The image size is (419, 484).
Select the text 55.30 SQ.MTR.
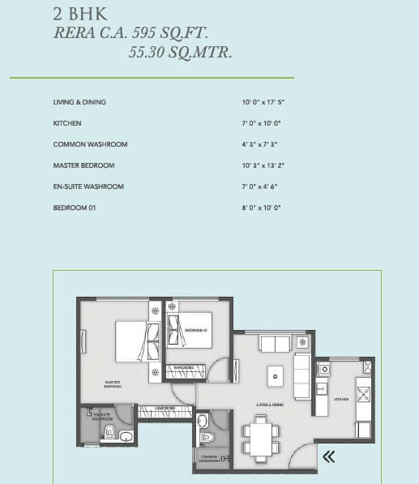179,54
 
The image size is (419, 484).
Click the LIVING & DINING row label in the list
79,102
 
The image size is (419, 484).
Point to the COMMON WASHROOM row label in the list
90,144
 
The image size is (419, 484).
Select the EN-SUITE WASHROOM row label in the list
88,186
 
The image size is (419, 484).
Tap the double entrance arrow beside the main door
328,457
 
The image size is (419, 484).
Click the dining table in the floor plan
261,438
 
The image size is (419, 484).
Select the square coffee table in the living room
276,374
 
